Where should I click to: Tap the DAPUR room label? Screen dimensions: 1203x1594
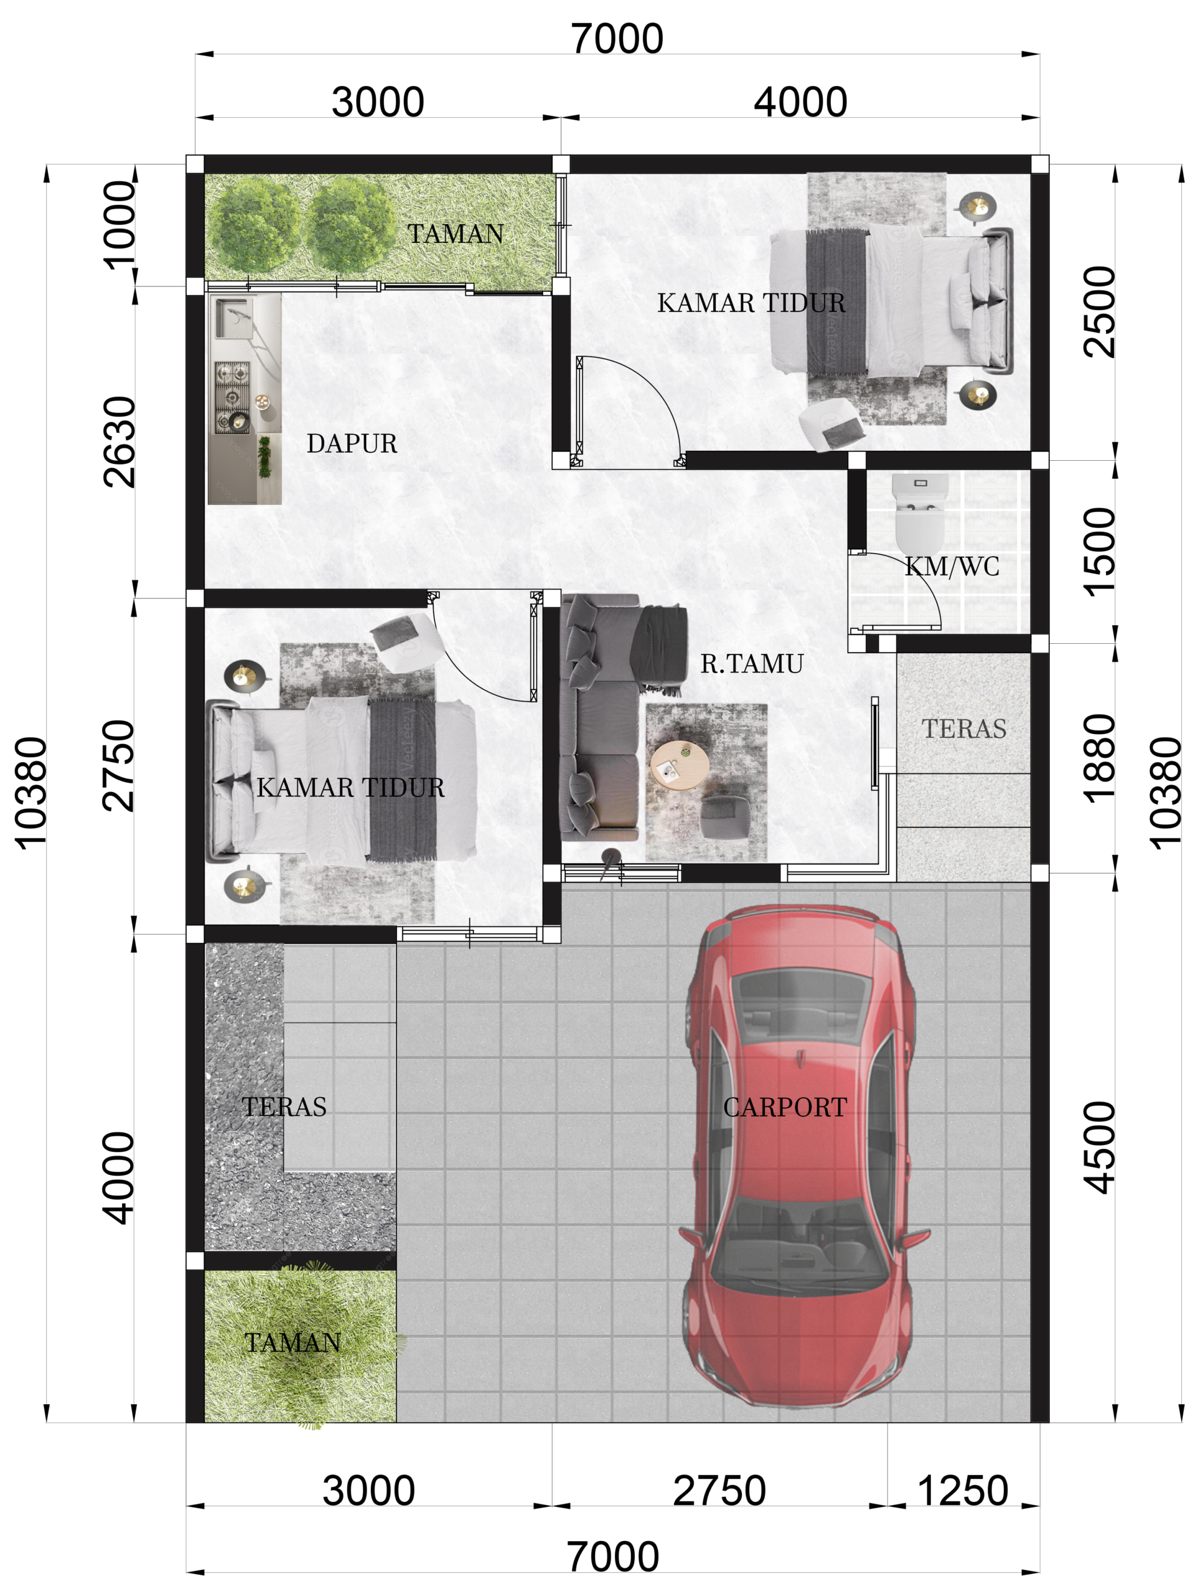click(352, 443)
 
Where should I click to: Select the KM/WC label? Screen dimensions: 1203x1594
click(952, 567)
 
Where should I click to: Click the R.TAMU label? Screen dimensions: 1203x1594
click(751, 664)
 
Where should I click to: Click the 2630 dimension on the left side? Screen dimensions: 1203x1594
click(119, 441)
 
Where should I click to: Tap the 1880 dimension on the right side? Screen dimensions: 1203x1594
click(1098, 758)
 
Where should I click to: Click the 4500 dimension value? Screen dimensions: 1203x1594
click(1098, 1147)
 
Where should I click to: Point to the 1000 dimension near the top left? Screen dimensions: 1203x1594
click(119, 225)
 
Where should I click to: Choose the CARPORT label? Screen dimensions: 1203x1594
click(785, 1108)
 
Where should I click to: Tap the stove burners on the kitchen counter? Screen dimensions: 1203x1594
click(232, 397)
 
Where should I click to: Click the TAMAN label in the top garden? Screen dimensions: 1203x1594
click(456, 234)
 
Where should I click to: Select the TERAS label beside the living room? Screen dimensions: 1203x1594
click(964, 729)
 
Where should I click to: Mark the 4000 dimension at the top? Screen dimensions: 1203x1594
click(800, 101)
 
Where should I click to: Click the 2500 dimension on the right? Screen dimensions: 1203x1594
click(1098, 311)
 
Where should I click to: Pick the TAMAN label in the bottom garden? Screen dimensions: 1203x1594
click(293, 1342)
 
